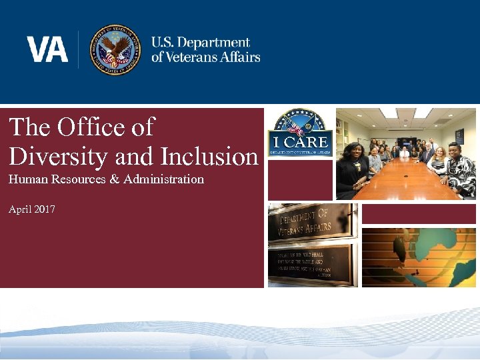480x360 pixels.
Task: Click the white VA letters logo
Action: click(x=47, y=49)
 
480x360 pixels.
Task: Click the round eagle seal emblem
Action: click(x=115, y=49)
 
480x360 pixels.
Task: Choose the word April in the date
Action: click(x=20, y=209)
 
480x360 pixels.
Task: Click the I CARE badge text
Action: click(x=300, y=142)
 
